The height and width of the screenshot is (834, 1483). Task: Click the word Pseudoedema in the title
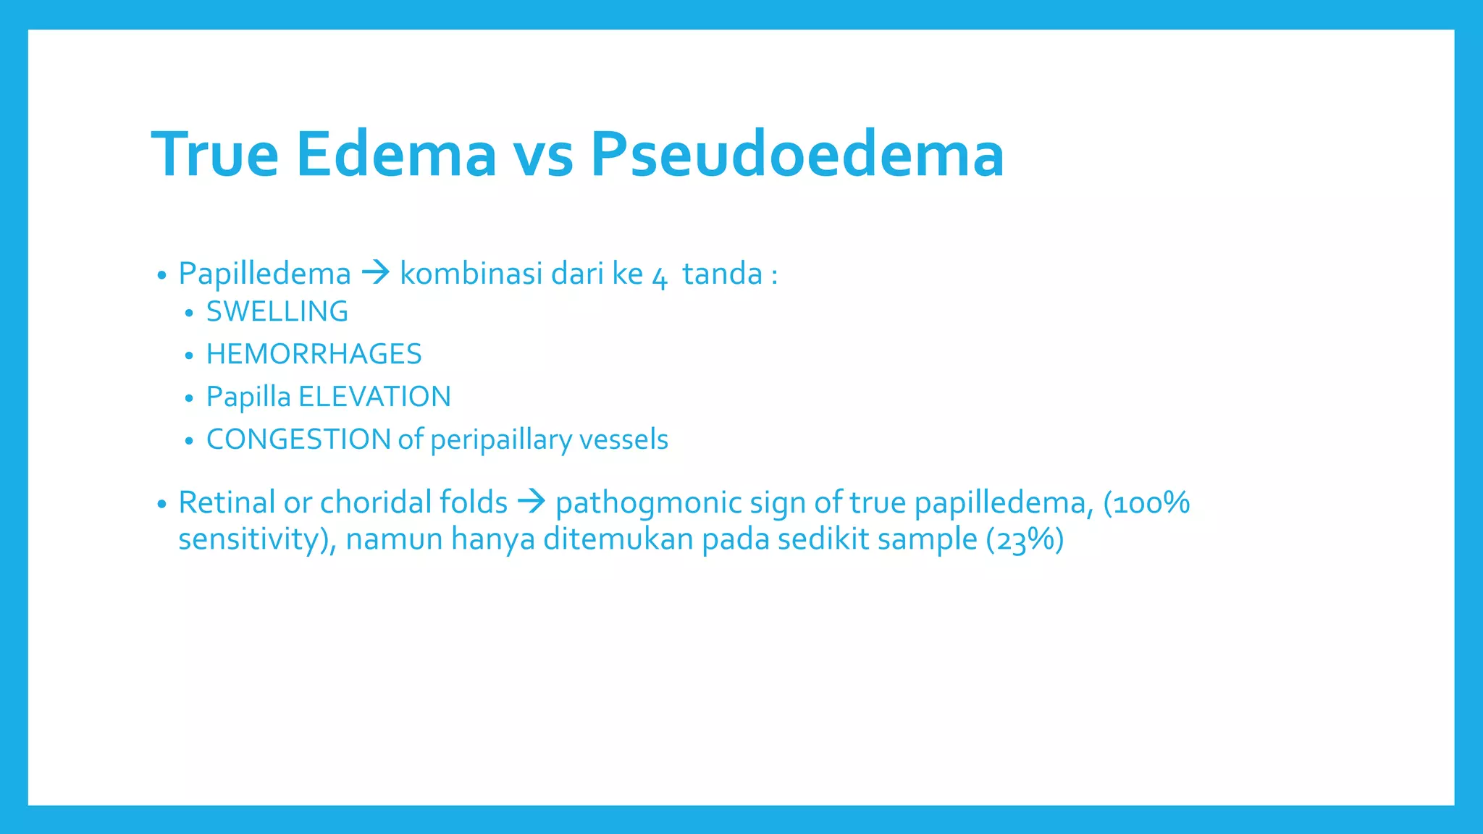point(797,154)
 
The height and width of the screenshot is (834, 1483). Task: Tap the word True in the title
point(215,154)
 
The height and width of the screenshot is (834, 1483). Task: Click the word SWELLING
point(277,312)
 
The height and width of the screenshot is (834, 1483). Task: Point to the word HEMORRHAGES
point(314,355)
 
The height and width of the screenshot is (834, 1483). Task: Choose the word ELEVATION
point(374,397)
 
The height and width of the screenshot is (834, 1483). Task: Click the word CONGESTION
point(298,439)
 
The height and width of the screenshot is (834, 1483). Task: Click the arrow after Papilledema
point(376,273)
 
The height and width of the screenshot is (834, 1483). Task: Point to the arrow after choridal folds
point(532,501)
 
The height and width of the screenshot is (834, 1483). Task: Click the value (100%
point(1146,503)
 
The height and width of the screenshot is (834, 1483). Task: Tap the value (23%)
point(1025,540)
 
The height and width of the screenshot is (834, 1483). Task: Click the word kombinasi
point(471,274)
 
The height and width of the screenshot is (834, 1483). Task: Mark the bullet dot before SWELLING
point(189,313)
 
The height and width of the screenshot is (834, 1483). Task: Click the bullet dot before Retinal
point(161,504)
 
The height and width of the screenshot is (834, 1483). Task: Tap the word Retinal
point(227,502)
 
